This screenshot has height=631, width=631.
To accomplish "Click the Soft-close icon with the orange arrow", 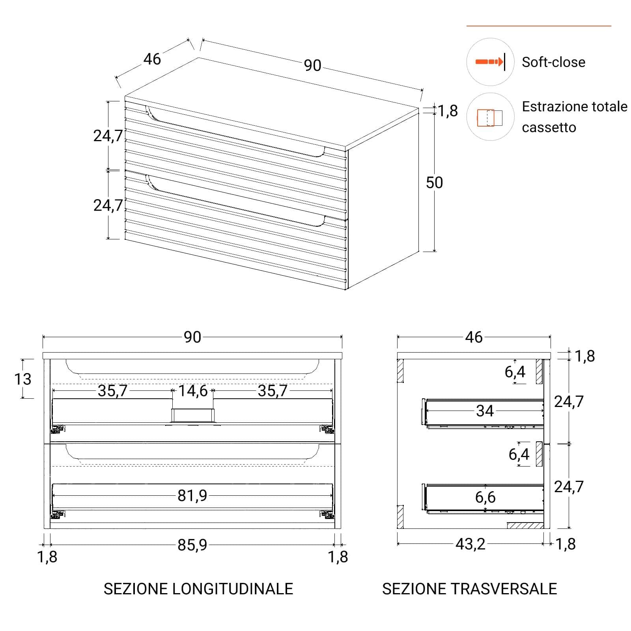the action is click(490, 62).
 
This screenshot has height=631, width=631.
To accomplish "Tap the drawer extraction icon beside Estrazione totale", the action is click(490, 117).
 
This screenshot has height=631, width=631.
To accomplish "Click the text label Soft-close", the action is click(553, 62).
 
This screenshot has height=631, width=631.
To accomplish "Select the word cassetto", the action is click(549, 128).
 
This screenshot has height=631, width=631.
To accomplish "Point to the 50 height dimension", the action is click(434, 183).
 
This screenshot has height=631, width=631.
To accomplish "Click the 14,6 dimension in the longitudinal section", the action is click(193, 391).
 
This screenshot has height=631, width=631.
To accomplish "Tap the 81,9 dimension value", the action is click(192, 495).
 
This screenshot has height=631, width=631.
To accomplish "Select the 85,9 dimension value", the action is click(192, 545).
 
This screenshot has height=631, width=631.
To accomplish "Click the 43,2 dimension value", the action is click(470, 544).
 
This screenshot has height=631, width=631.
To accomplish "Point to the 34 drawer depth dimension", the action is click(485, 411).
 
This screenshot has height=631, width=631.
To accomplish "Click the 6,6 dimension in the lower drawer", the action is click(485, 497).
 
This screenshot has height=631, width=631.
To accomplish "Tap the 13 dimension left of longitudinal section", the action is click(22, 379).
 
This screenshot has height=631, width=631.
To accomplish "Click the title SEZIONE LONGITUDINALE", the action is click(198, 589).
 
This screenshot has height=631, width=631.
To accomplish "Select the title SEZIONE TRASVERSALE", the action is click(469, 589).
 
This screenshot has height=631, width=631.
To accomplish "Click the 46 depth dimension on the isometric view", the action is click(152, 59).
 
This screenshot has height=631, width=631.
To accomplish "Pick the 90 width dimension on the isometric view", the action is click(312, 65).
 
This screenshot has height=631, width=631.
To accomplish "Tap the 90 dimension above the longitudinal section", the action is click(192, 337).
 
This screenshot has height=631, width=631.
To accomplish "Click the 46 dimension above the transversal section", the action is click(474, 337).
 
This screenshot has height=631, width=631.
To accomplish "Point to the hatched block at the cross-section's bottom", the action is click(525, 525).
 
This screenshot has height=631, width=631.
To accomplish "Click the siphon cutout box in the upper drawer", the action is click(192, 415).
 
